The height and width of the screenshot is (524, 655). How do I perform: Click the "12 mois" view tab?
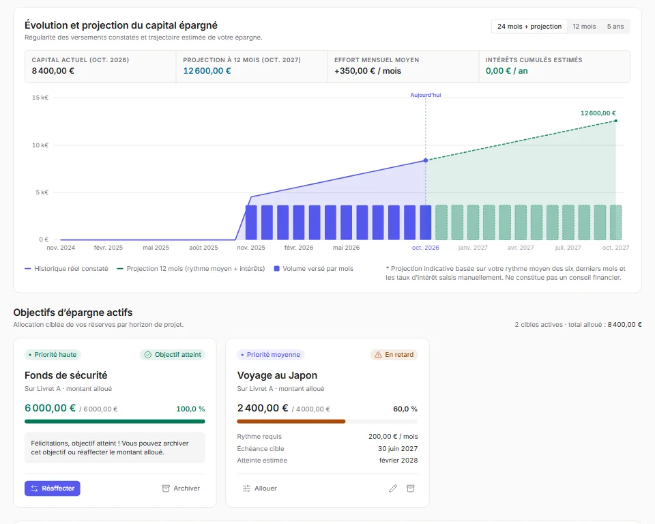coord(584,27)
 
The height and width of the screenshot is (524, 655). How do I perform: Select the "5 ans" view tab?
coord(615,27)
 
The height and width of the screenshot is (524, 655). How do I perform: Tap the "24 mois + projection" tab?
coord(529,27)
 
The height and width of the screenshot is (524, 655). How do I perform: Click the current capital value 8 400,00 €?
coord(53,71)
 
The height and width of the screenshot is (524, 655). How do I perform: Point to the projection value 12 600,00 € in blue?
coord(207,71)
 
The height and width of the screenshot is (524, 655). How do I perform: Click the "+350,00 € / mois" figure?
coord(368,71)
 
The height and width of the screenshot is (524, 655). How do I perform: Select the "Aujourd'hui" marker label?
coord(426,95)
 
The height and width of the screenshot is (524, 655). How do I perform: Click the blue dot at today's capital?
coord(426,160)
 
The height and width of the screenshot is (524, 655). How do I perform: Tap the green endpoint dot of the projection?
coord(615,121)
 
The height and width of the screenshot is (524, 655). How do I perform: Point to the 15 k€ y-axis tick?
coord(40,98)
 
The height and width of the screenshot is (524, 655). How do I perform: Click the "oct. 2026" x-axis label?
coord(425,248)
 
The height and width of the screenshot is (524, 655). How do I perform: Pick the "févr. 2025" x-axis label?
coord(108,248)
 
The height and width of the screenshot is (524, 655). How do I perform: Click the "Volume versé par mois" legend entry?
coord(313,269)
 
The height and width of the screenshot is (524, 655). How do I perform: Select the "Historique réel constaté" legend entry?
coord(66,269)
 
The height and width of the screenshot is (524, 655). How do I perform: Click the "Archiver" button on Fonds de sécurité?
coord(181,488)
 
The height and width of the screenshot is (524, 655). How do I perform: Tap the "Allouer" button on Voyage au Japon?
coord(260,488)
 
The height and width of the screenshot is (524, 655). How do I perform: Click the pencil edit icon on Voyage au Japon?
coord(393,488)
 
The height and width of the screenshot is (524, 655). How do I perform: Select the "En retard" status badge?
coord(394,355)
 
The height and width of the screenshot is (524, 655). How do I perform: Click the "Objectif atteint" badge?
coord(173,355)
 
